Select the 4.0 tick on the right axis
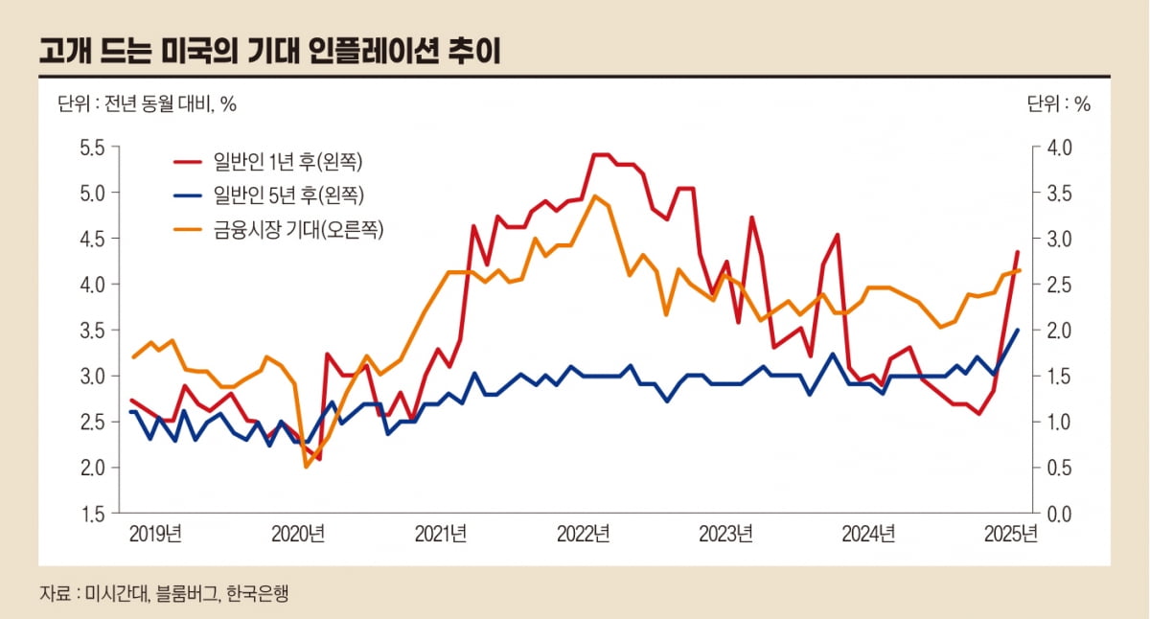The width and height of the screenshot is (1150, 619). (1058, 148)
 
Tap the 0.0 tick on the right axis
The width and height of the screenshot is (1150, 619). (1058, 515)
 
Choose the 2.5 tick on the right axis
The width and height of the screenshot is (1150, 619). (1058, 285)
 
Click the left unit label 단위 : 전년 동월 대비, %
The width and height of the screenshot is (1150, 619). (147, 104)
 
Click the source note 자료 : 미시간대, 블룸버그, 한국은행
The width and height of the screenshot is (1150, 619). (163, 593)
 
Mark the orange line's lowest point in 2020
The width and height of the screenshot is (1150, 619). (307, 467)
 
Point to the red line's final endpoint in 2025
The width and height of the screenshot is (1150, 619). (1018, 252)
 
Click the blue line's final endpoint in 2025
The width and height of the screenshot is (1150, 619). (1018, 330)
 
